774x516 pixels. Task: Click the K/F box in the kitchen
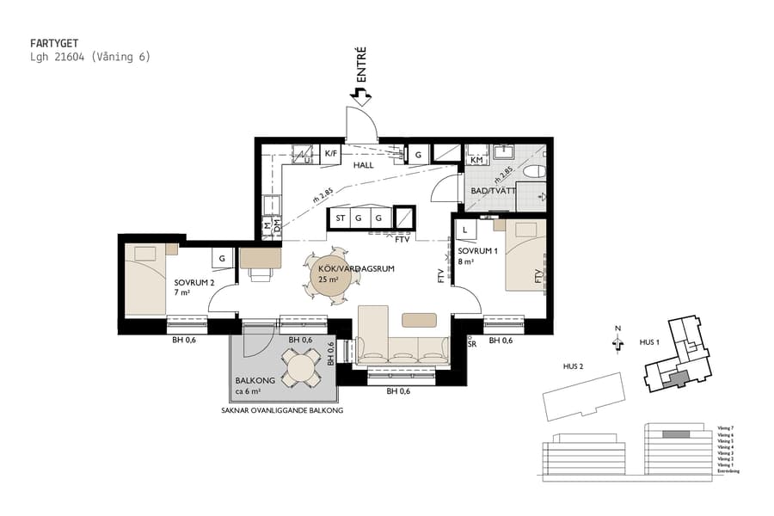coord(330,153)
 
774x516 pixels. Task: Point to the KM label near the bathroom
coord(476,161)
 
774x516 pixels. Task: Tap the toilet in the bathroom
coord(534,170)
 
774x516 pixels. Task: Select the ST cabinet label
coord(341,218)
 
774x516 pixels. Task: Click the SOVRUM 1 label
coord(478,251)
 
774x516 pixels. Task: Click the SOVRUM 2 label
coord(193,282)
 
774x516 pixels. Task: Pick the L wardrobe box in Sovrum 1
coord(464,230)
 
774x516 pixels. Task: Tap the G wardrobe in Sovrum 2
coord(223,257)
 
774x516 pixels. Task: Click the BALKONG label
coord(255,381)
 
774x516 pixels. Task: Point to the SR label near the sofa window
coord(471,343)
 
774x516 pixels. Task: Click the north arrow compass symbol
coord(617,342)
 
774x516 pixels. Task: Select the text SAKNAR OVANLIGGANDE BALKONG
coord(282,411)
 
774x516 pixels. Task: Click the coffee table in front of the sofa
coord(419,319)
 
